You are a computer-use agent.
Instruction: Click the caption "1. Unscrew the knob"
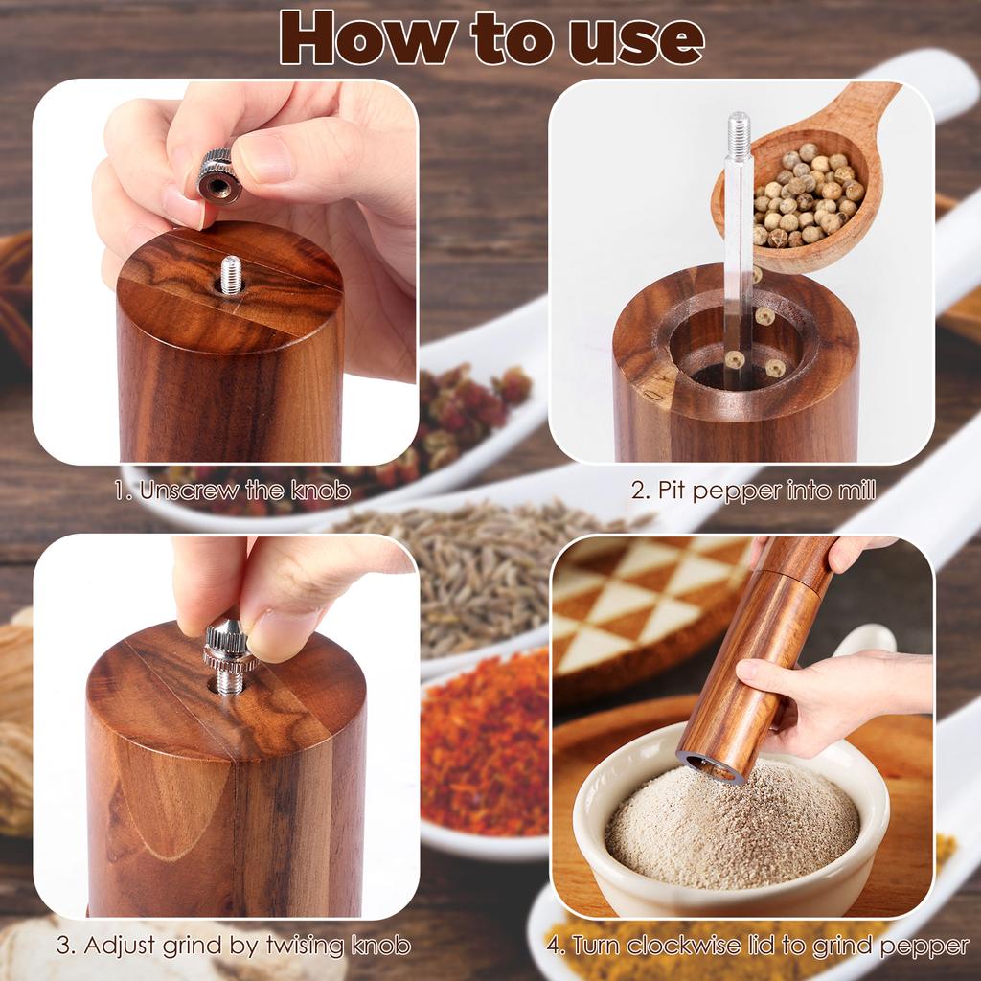coord(232,491)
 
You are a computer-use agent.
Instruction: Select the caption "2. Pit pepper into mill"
coord(753,491)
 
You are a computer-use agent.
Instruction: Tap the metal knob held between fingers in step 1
coord(218,175)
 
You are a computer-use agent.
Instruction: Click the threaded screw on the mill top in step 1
coord(231,275)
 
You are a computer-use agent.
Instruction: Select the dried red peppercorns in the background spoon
coord(460,412)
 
